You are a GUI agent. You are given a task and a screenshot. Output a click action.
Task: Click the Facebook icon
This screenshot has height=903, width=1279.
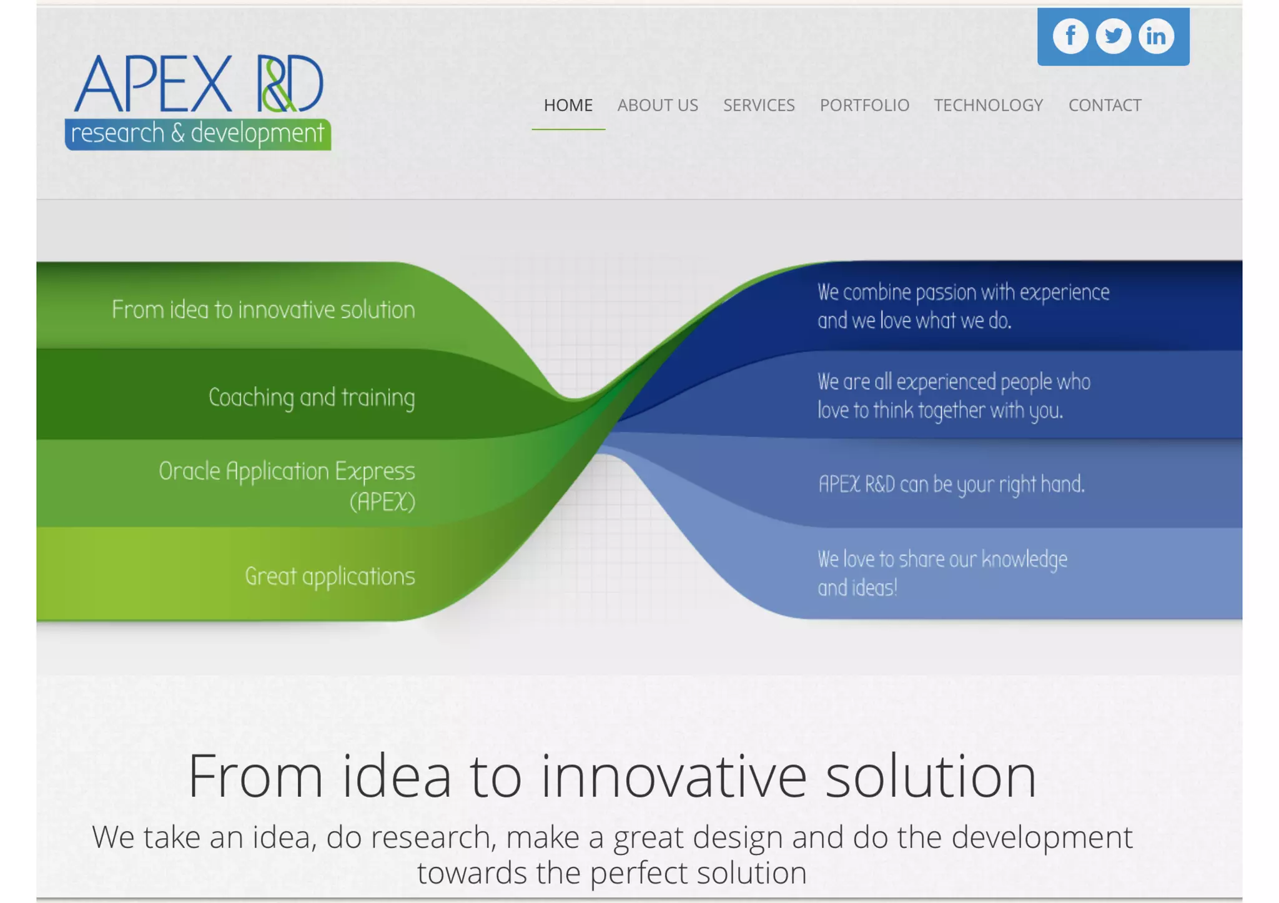pyautogui.click(x=1070, y=36)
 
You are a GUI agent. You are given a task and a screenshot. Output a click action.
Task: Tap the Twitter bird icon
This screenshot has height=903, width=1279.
pyautogui.click(x=1113, y=36)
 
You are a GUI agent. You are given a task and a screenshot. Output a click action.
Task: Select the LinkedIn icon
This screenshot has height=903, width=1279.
pyautogui.click(x=1156, y=36)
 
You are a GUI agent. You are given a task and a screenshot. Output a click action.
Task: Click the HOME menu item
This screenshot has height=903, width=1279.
pyautogui.click(x=568, y=105)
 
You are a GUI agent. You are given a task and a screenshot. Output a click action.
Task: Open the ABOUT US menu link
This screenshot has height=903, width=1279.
pyautogui.click(x=658, y=105)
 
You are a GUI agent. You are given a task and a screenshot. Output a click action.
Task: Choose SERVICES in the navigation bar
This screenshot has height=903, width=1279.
pyautogui.click(x=759, y=105)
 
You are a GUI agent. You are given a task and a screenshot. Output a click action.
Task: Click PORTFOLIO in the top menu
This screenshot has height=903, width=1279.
pyautogui.click(x=864, y=105)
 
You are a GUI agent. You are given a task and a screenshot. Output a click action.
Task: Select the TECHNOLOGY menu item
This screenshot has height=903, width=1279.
pyautogui.click(x=988, y=105)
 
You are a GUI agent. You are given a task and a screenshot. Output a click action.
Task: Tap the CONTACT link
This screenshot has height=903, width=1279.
pyautogui.click(x=1105, y=105)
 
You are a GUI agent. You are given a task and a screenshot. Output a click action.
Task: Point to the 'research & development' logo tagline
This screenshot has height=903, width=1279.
pyautogui.click(x=197, y=134)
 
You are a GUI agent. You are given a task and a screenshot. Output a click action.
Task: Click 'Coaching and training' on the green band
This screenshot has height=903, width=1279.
pyautogui.click(x=311, y=398)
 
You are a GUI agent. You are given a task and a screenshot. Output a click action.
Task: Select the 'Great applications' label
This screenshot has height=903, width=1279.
pyautogui.click(x=329, y=576)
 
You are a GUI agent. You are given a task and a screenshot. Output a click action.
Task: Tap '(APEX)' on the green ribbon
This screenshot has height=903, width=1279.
pyautogui.click(x=382, y=502)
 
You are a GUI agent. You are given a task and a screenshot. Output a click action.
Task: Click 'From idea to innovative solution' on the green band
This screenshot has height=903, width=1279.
pyautogui.click(x=263, y=310)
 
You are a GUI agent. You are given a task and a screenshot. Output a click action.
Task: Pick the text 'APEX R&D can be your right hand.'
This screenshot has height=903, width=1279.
pyautogui.click(x=951, y=484)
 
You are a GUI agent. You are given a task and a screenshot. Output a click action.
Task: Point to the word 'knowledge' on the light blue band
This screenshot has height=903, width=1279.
pyautogui.click(x=1024, y=560)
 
